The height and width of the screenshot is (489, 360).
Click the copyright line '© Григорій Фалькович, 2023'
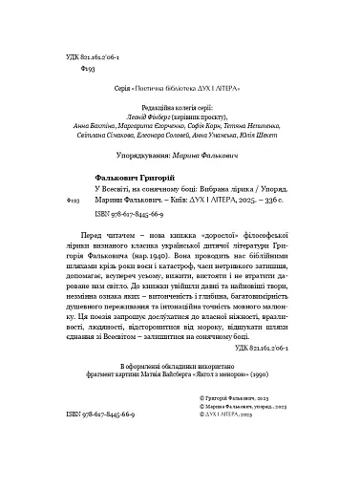click(262, 448)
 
